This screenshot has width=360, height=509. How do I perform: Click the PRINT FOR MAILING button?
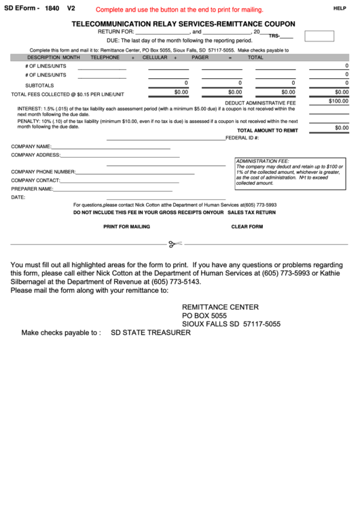[126, 226]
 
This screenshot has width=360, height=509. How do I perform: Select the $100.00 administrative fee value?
[338, 101]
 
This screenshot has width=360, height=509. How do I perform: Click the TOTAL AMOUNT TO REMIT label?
[267, 130]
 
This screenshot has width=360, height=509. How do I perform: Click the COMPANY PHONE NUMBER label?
[43, 172]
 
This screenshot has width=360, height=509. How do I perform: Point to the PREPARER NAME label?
[32, 189]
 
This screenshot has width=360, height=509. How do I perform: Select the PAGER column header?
[200, 58]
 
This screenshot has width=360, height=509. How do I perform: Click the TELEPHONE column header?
[105, 58]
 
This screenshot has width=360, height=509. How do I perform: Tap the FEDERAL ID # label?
[242, 137]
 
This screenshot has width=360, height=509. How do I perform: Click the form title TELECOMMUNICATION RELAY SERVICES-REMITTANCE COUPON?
[183, 23]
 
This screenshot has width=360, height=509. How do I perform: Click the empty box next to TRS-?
[319, 36]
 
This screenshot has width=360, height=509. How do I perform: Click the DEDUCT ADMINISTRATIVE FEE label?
[261, 103]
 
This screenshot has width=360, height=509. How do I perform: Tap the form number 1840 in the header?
[52, 8]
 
